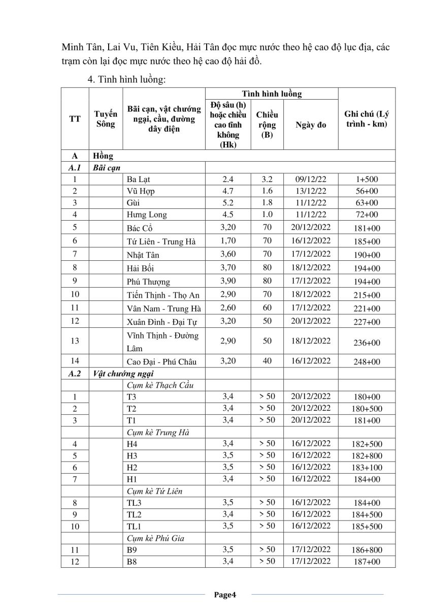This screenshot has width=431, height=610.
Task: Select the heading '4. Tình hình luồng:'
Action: tap(125, 79)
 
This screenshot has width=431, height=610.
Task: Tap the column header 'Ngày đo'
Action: tap(310, 125)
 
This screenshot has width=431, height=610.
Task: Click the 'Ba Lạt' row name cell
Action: tap(139, 179)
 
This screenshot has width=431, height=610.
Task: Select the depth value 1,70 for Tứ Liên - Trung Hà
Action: tap(228, 241)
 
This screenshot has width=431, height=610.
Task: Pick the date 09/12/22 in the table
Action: tap(310, 179)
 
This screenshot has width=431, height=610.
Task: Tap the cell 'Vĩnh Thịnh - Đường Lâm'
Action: tap(162, 342)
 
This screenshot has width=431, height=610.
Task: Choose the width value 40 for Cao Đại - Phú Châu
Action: tap(267, 361)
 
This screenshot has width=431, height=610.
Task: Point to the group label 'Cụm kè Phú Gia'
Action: tap(154, 538)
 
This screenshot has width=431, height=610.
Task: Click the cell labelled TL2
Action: tap(135, 514)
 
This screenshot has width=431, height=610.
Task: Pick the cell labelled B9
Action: tap(132, 550)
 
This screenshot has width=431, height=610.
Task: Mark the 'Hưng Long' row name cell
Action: tap(147, 215)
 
